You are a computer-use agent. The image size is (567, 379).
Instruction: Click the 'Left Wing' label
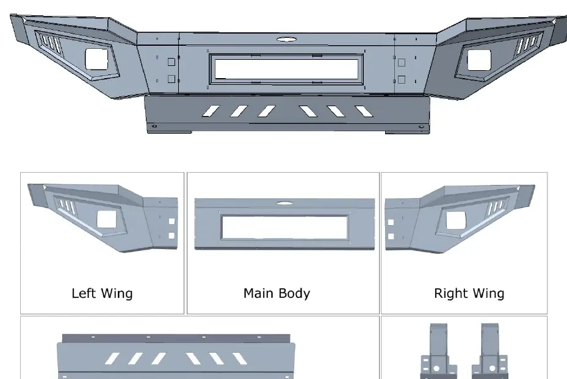point(102,294)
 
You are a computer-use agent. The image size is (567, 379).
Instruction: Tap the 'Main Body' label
point(276,294)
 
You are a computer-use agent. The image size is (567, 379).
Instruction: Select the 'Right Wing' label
point(469,294)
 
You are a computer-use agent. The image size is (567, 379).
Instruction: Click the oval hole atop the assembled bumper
point(287,38)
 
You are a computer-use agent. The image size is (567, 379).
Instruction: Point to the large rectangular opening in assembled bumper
point(286,69)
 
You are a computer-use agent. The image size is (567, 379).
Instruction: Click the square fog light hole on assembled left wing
point(96,59)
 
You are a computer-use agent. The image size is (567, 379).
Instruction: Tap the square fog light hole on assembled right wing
point(479,60)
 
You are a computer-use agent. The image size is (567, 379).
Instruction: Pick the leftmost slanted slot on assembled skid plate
point(211,111)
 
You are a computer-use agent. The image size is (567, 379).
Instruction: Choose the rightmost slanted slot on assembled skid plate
point(364,112)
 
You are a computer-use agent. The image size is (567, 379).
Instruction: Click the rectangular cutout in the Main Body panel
point(284,227)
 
